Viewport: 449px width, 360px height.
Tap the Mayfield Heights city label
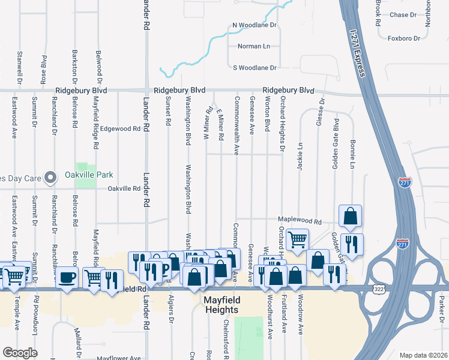pos(220,305)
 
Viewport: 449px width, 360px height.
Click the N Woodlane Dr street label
pos(254,25)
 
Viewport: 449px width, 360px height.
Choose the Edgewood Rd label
pos(120,128)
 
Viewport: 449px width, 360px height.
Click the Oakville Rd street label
pos(124,188)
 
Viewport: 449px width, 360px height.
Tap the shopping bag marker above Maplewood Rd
pos(350,215)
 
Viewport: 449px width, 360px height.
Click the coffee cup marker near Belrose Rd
pos(67,277)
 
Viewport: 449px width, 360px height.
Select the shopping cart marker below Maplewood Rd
pos(297,239)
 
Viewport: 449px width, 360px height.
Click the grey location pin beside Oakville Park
pos(52,176)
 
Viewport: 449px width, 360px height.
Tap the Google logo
pos(20,353)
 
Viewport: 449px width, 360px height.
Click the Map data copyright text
pos(424,355)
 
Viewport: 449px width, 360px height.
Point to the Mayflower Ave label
pos(124,359)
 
